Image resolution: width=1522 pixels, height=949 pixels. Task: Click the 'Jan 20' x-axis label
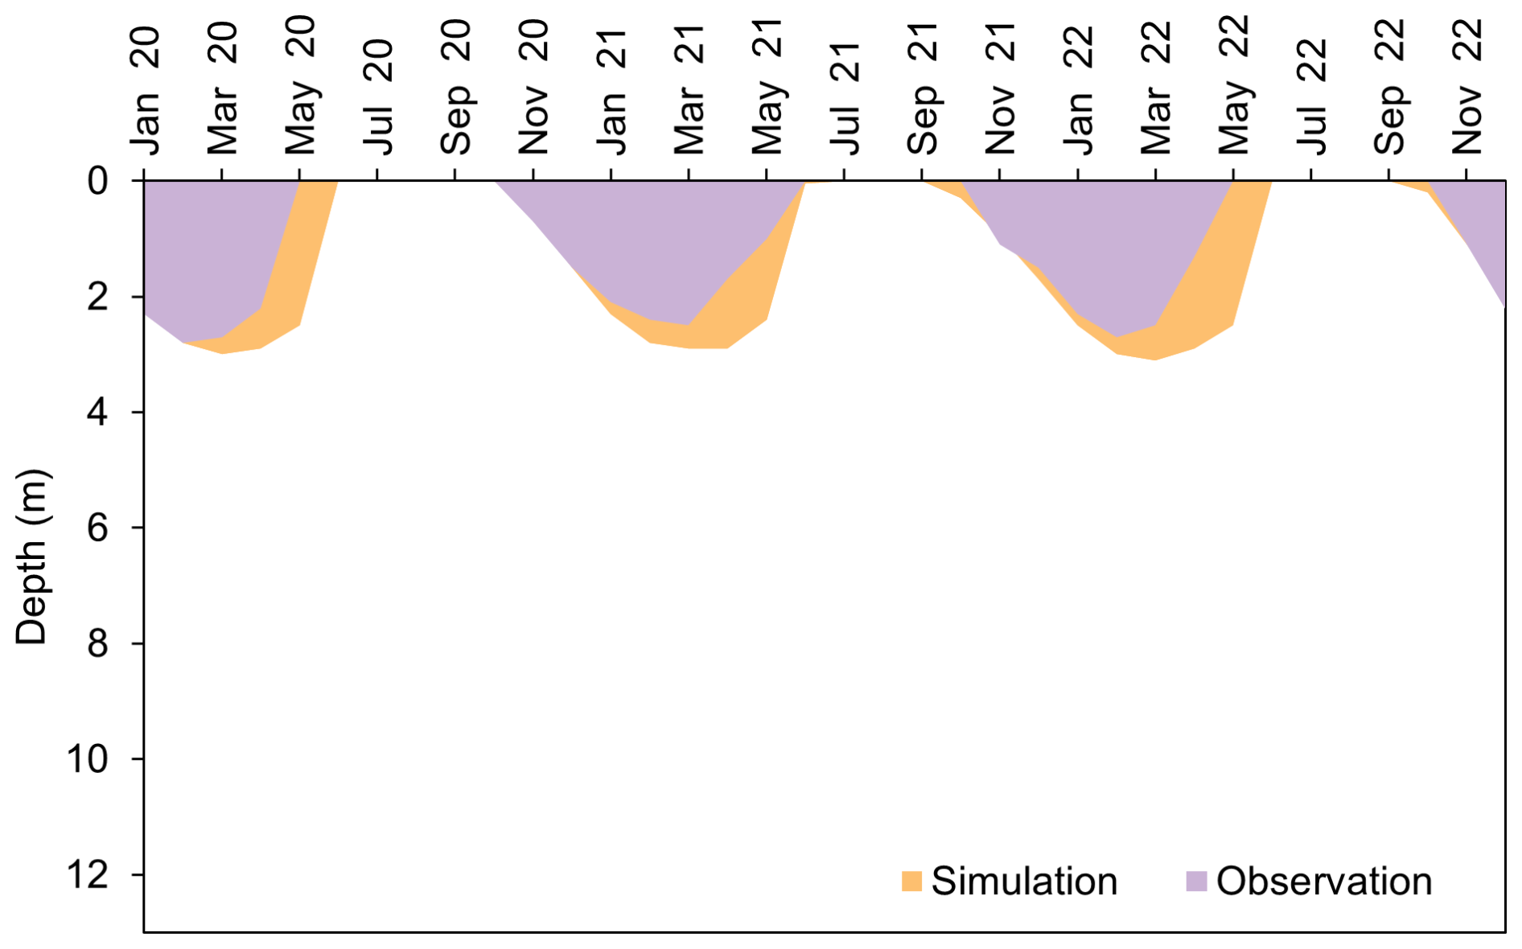pos(146,90)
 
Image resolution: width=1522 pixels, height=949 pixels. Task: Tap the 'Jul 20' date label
pos(378,97)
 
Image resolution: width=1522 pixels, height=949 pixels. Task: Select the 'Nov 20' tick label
pos(533,87)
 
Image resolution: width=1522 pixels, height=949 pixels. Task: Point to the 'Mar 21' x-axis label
pos(689,88)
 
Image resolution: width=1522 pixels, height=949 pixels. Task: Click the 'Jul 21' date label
pos(845,97)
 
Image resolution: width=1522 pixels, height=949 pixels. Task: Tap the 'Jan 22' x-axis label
pos(1079,90)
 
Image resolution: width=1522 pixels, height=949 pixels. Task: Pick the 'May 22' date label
pos(1234,85)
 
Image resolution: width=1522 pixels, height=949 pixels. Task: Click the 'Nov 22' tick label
pos(1467,87)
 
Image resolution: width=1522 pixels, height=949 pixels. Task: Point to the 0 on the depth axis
pos(98,181)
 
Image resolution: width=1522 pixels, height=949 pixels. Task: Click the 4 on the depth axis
pos(98,413)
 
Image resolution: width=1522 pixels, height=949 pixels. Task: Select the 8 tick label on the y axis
pos(98,643)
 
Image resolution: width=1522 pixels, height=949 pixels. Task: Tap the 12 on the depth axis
pos(88,874)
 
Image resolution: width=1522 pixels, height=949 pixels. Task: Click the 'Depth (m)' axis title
pos(32,557)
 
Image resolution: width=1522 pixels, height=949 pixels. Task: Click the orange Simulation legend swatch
pos(911,881)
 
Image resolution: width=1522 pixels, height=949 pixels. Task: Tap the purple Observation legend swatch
pos(1197,881)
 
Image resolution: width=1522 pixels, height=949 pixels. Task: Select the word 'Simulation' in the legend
pos(1024,881)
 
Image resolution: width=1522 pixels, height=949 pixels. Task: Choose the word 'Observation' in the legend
pos(1324,881)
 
